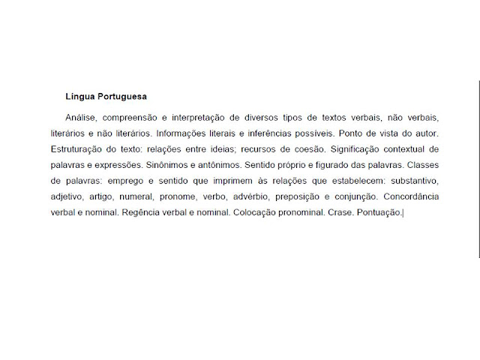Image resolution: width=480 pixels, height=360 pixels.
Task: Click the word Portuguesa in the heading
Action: click(123, 97)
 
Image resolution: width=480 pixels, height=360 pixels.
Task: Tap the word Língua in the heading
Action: click(80, 97)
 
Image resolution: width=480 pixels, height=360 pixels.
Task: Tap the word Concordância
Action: click(411, 197)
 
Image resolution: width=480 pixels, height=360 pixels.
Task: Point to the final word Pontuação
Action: click(382, 213)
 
